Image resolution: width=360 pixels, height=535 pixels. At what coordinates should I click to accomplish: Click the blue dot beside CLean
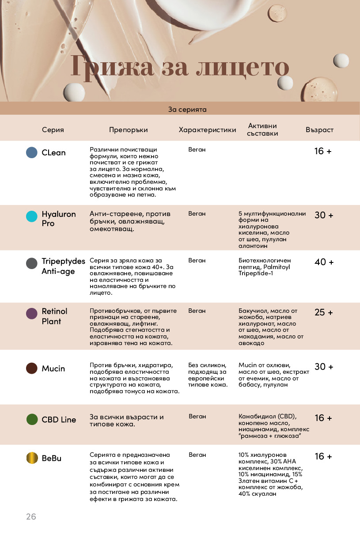(32, 152)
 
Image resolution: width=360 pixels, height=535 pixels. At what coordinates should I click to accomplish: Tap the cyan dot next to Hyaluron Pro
(32, 216)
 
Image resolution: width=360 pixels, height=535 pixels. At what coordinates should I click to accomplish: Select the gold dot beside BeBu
(32, 458)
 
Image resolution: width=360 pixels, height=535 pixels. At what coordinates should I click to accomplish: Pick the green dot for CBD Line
(32, 419)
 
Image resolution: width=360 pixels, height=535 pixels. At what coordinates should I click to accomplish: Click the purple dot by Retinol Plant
(32, 314)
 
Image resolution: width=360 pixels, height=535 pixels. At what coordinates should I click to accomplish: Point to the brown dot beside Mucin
(32, 368)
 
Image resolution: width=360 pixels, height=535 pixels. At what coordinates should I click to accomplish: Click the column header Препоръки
(129, 130)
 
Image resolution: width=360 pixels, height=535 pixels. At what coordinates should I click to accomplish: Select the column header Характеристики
(207, 130)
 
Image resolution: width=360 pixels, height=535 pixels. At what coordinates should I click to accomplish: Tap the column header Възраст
(319, 130)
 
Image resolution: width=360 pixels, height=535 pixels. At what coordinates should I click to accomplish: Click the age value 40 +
(324, 262)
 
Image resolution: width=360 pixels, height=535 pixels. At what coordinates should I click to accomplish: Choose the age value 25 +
(324, 313)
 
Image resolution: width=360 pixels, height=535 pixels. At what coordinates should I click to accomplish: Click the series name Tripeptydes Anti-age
(63, 266)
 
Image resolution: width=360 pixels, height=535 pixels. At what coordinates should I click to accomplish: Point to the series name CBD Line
(59, 420)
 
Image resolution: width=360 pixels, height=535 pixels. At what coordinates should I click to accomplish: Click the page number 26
(31, 516)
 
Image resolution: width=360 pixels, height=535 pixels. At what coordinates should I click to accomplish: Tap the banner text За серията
(187, 109)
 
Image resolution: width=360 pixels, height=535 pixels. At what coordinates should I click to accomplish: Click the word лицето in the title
(242, 68)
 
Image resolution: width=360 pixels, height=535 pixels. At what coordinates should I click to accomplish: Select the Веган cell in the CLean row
(197, 150)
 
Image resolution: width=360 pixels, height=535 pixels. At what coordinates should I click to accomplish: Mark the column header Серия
(53, 130)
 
